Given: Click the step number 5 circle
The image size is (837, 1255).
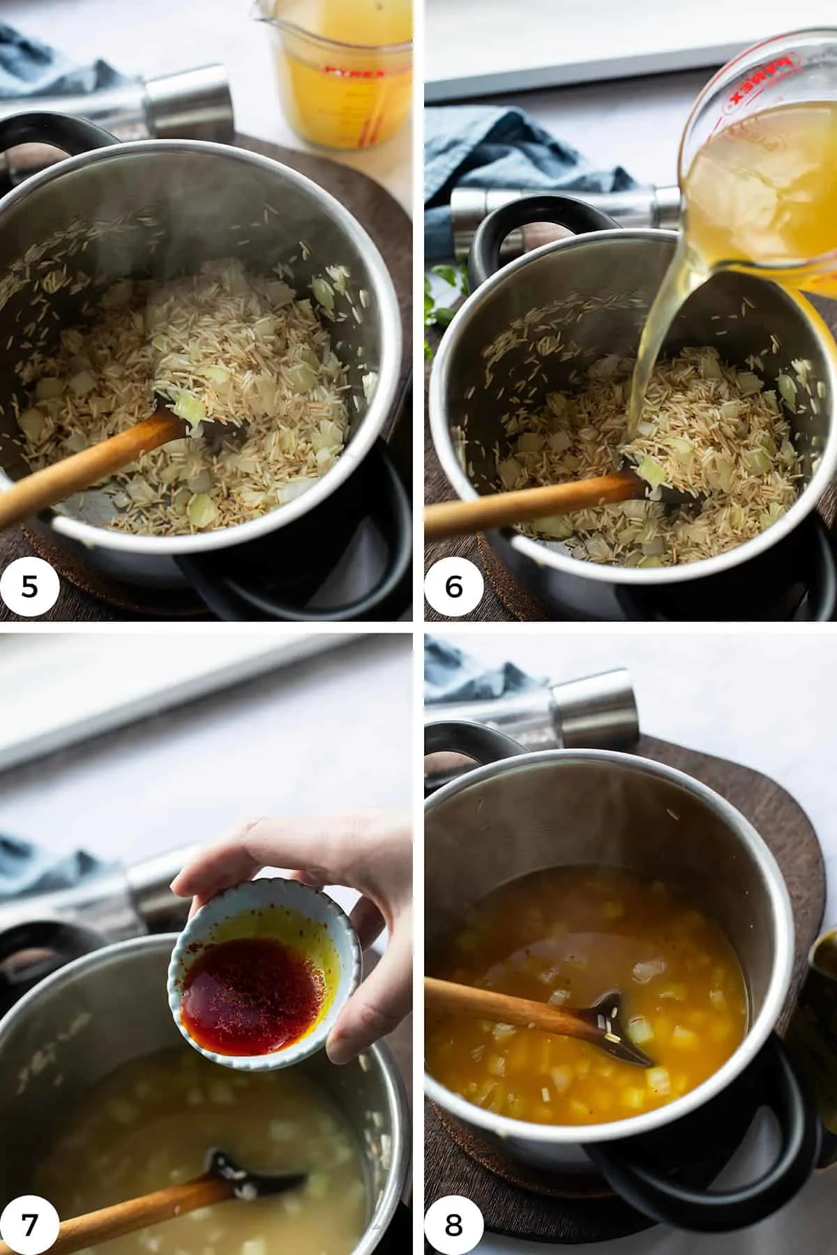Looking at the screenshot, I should pos(29,586).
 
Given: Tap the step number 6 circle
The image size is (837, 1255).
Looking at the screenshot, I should pos(453,586).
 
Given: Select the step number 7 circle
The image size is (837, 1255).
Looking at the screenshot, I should pos(29,1219).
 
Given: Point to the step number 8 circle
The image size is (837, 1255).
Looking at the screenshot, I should pos(453,1219).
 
